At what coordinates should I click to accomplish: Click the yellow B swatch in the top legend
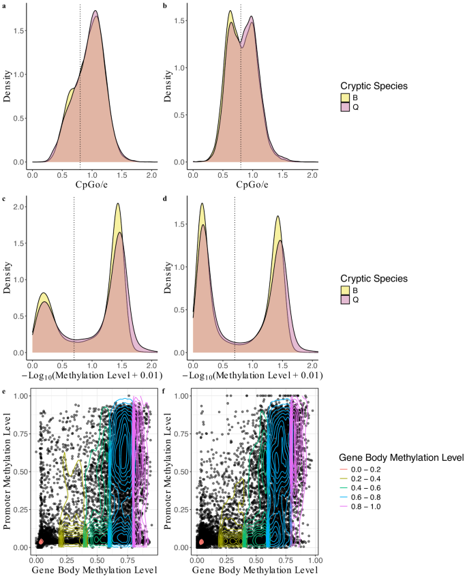(346, 97)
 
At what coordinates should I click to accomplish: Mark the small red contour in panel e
(41, 541)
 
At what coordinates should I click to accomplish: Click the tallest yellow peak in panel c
(118, 204)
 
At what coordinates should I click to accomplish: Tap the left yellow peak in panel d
(202, 203)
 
